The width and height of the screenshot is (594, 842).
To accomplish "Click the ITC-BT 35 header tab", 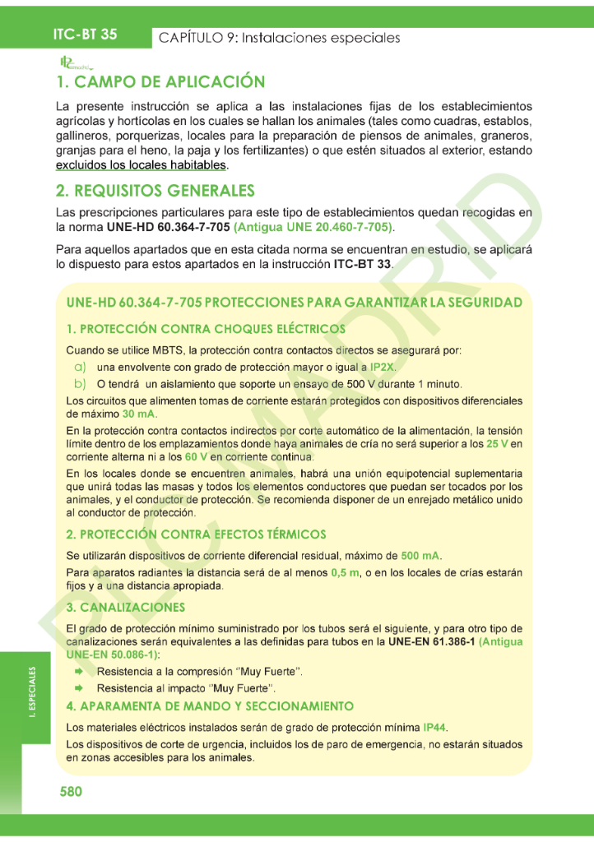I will [85, 35].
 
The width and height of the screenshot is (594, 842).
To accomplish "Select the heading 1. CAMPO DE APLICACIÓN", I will [160, 82].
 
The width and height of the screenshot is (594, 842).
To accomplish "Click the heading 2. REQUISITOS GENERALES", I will [155, 191].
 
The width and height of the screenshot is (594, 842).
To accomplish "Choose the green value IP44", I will [435, 728].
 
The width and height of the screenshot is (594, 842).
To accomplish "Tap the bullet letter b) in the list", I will [81, 384].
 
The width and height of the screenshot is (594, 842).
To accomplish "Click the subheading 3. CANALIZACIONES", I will [125, 608].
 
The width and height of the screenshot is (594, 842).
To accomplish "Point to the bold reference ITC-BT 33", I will [363, 265].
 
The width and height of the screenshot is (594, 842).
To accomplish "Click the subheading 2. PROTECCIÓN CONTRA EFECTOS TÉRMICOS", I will [196, 534].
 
